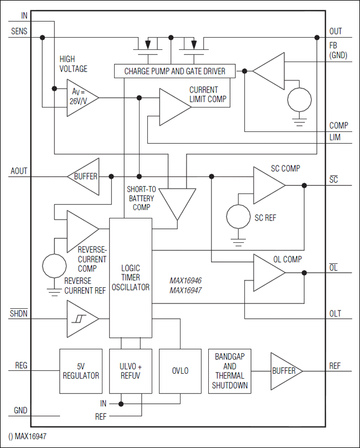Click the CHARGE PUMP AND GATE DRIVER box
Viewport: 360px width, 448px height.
tap(174, 71)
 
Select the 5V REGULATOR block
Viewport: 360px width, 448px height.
tap(81, 371)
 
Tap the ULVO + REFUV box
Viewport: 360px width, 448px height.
tap(131, 371)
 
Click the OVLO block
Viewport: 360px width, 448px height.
tap(181, 371)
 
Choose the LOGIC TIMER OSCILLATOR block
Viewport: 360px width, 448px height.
tap(131, 278)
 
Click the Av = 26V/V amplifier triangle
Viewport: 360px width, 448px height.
tap(80, 98)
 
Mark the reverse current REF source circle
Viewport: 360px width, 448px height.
tap(55, 266)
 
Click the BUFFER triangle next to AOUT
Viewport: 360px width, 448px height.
tap(84, 177)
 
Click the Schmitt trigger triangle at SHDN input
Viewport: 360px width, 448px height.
tap(81, 319)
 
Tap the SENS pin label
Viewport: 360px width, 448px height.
tap(19, 32)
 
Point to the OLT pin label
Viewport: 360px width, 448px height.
tap(335, 314)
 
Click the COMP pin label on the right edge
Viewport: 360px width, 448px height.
tap(338, 126)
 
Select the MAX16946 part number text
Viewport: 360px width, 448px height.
tap(185, 281)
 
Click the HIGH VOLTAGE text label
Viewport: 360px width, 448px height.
tap(73, 64)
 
